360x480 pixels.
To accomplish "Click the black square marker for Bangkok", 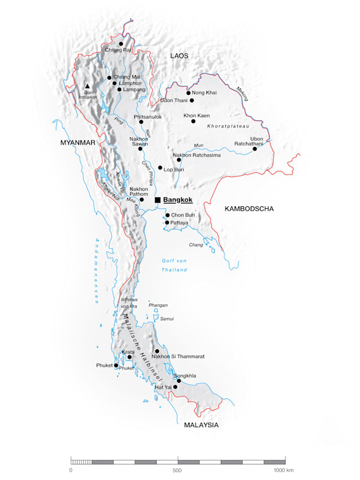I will tap(157, 200).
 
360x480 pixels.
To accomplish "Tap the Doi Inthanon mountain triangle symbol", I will tap(88, 86).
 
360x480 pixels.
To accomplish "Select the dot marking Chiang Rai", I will tap(121, 44).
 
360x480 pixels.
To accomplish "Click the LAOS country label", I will tap(179, 56).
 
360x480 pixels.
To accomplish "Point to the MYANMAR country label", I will tap(78, 142).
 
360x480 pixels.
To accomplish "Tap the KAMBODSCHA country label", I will tap(249, 209).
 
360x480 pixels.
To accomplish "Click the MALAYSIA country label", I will tap(201, 425).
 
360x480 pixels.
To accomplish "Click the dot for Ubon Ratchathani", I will tap(255, 149).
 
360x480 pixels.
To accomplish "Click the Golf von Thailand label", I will tap(174, 265).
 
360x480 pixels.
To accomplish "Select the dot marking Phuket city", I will tap(116, 365).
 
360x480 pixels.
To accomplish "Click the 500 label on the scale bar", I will tap(178, 471).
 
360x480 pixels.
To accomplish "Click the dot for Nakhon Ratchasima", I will tap(179, 160).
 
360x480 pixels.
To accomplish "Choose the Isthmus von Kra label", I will tap(129, 302).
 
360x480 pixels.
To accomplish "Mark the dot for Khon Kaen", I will tap(193, 121).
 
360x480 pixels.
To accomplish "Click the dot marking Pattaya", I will tap(167, 223).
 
